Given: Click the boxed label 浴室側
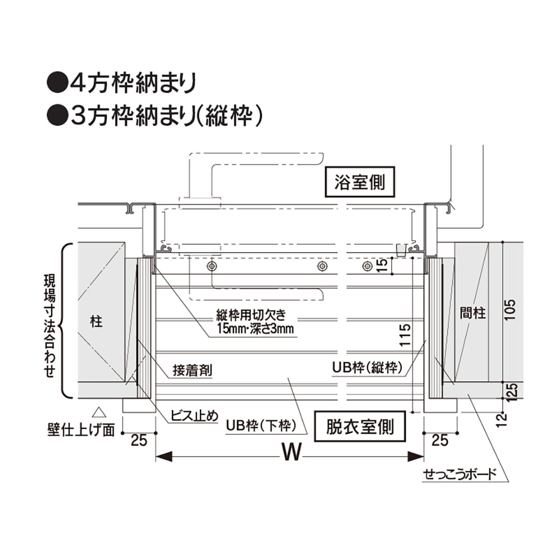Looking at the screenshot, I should tap(360, 182).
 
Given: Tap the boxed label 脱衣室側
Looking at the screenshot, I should tap(360, 426).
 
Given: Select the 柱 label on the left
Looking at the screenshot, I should tap(96, 322).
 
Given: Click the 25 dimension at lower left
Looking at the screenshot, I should tap(138, 440).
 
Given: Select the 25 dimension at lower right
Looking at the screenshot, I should tap(440, 440).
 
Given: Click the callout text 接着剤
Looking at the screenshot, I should tap(193, 371).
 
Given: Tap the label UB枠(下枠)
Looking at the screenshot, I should tap(260, 426).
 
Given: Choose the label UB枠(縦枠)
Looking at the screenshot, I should tap(367, 368).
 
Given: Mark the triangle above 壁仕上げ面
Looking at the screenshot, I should tap(98, 413).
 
